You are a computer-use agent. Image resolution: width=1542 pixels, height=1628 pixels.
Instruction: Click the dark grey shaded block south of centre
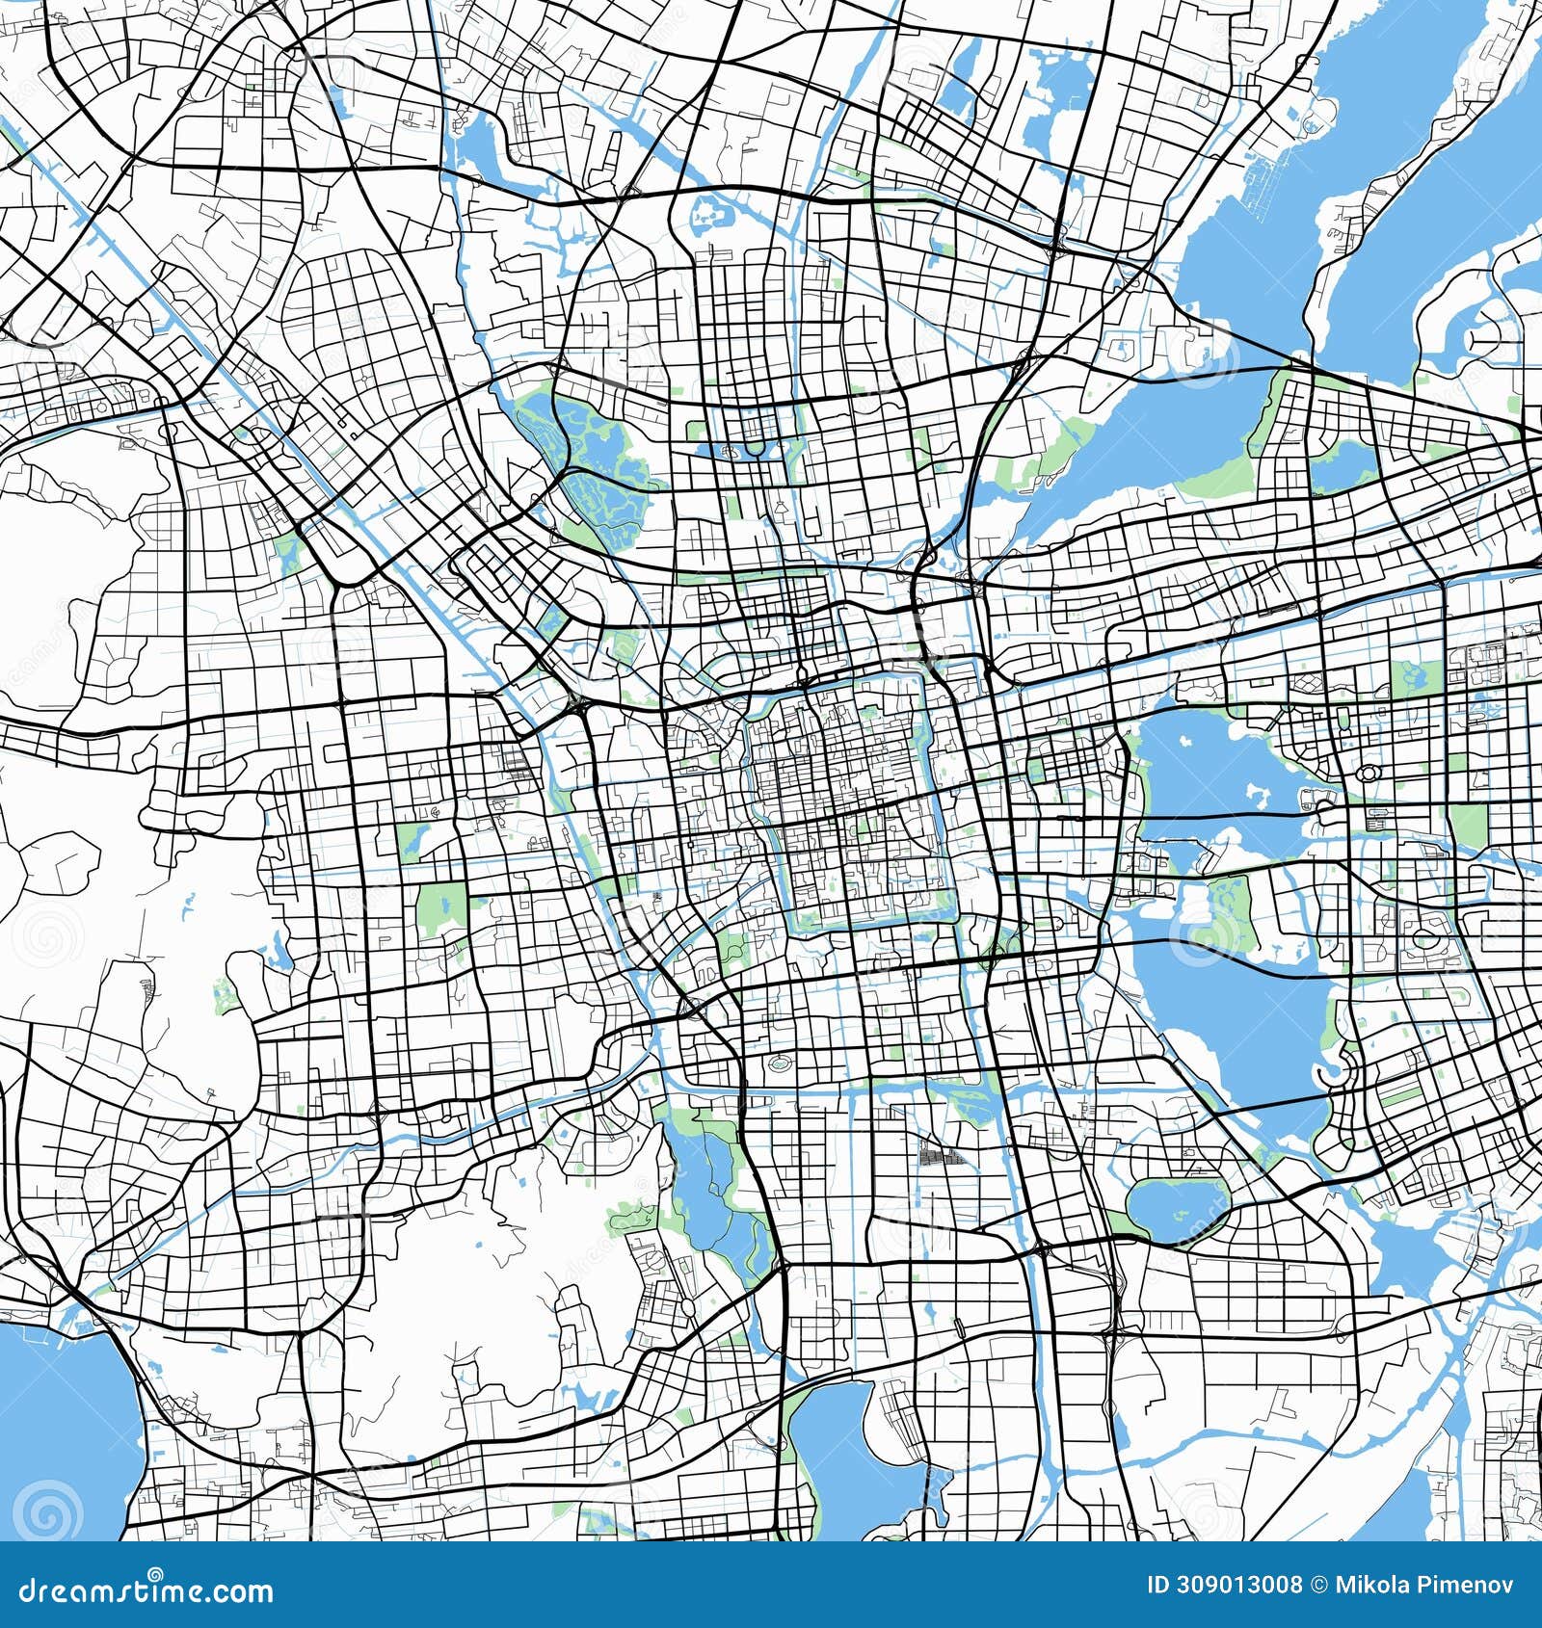click(x=943, y=1156)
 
